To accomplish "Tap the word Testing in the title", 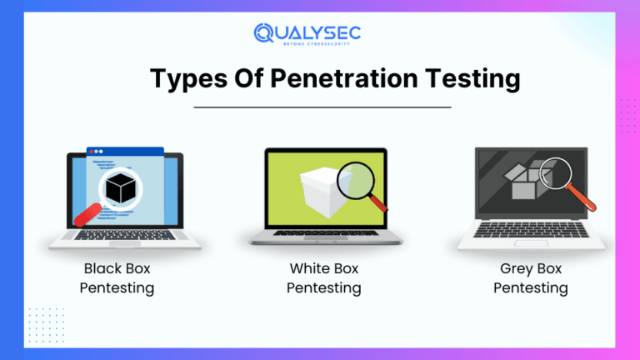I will (x=471, y=79).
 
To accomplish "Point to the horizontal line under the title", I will (x=322, y=107).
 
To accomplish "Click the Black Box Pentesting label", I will (x=117, y=278).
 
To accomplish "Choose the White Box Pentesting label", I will (x=324, y=278).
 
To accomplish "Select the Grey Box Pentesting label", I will (x=531, y=278).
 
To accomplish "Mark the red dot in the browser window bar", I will (x=94, y=153).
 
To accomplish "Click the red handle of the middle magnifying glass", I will (x=379, y=202).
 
